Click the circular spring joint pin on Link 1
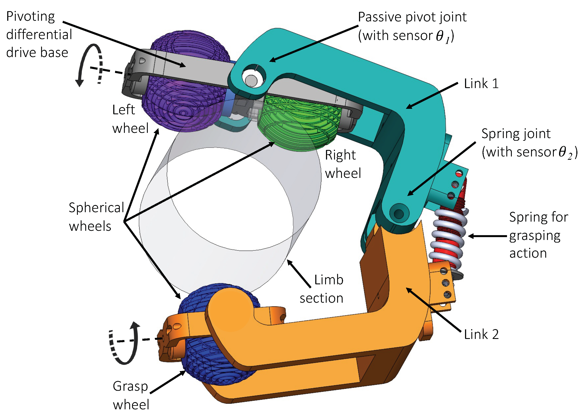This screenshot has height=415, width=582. [399, 213]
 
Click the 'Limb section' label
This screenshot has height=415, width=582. [322, 289]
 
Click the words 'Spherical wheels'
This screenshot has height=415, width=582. [96, 217]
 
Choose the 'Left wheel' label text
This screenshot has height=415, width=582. [130, 119]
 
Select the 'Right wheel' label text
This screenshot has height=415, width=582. [343, 164]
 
